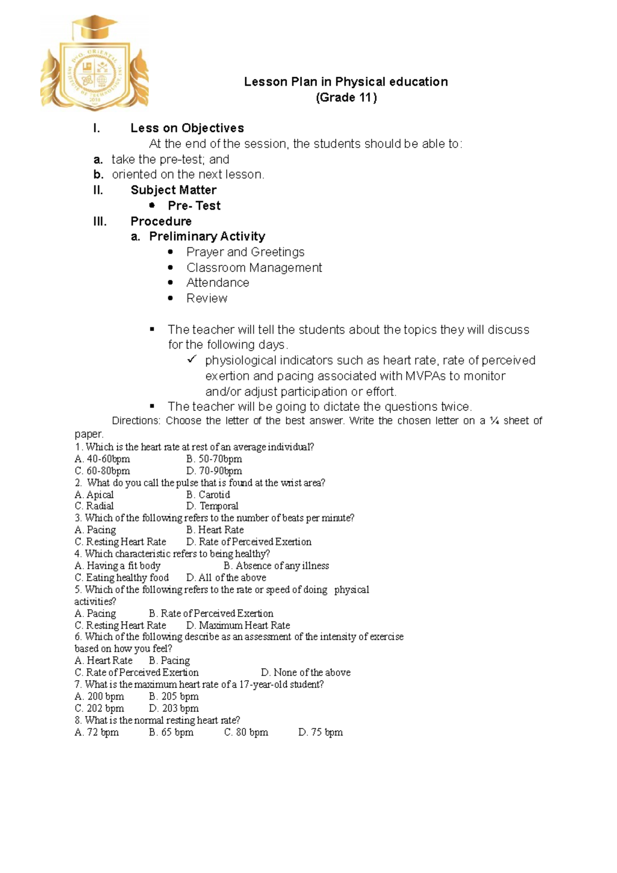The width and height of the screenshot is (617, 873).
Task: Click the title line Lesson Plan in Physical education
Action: [346, 82]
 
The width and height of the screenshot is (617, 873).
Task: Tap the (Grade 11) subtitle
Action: [346, 98]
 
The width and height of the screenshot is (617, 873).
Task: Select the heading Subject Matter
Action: [173, 190]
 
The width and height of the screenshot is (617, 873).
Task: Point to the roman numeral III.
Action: [100, 222]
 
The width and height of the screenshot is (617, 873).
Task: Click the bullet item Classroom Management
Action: [254, 268]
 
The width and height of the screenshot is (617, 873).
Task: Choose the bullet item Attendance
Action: [217, 283]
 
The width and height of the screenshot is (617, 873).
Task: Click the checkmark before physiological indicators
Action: [192, 359]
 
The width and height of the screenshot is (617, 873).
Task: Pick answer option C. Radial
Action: [94, 506]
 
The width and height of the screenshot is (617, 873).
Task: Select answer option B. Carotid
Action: [208, 495]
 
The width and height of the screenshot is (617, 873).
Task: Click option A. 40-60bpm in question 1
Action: [102, 459]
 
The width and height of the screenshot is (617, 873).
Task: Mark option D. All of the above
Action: [226, 578]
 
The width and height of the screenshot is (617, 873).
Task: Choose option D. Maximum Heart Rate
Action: [238, 626]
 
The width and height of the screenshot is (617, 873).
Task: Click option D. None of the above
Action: [305, 672]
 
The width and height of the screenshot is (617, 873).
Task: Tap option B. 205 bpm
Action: [174, 697]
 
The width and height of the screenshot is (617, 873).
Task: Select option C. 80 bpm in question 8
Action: [246, 733]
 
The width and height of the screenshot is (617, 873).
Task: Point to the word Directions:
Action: [136, 421]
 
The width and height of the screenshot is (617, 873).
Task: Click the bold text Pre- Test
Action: [194, 206]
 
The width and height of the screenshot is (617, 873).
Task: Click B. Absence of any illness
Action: [276, 566]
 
